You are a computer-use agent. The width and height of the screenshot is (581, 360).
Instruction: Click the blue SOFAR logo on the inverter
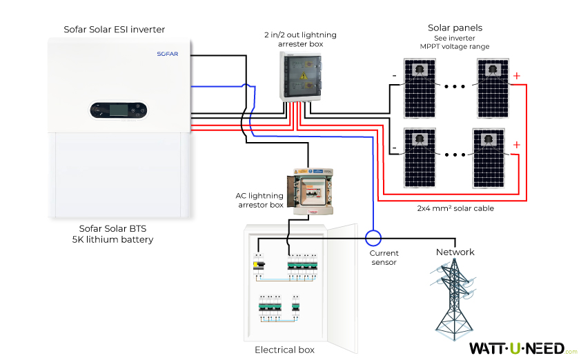coord(168,53)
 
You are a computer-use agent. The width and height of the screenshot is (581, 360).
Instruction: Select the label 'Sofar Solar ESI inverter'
coord(115,29)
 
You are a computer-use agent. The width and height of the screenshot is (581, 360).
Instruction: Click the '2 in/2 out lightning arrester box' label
coord(294,39)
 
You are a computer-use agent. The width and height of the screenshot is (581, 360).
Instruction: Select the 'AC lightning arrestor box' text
coord(259,200)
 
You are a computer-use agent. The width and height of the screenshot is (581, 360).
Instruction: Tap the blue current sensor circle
coord(373,238)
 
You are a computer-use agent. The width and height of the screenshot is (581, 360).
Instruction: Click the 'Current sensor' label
coord(384,257)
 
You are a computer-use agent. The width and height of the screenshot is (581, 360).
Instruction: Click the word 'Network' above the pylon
coord(455,252)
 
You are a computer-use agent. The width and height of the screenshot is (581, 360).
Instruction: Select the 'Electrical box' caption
coord(284,350)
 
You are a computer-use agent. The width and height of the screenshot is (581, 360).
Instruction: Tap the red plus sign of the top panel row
coord(517,76)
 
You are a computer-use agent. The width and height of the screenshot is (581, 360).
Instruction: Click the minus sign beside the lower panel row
coord(394,147)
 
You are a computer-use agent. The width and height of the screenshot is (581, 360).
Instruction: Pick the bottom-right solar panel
coord(491,157)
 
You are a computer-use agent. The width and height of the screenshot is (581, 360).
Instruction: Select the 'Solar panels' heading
coord(455,28)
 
